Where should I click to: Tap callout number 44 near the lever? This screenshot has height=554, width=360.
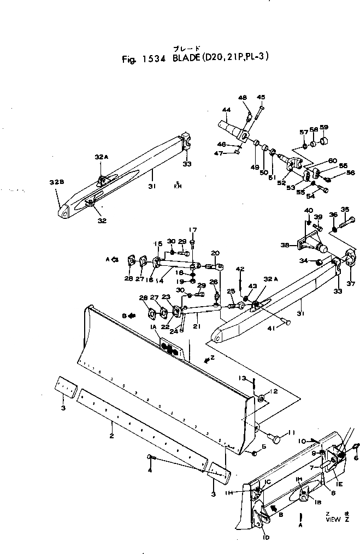coord(226,110)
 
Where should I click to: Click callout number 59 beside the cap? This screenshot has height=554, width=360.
coord(324,128)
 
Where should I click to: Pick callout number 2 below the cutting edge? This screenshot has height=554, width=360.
coord(111,436)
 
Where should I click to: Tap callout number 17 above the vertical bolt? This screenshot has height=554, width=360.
coord(192,229)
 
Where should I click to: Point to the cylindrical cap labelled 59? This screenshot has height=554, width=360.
coord(324,140)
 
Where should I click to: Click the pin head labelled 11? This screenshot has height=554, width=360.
coord(278,439)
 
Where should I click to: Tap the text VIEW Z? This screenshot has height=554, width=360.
coord(333,520)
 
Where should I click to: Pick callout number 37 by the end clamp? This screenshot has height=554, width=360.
coord(351,283)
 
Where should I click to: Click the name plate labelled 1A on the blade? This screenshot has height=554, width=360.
coord(170,349)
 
